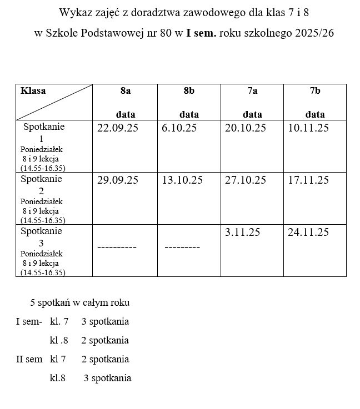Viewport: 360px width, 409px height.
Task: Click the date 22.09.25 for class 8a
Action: click(117, 128)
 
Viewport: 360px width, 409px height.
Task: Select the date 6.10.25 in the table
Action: click(179, 128)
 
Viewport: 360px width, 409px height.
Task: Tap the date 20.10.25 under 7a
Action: click(246, 128)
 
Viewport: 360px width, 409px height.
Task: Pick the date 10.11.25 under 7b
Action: click(308, 128)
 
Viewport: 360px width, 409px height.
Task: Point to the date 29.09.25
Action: click(117, 180)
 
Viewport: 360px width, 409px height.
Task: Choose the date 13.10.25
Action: click(182, 180)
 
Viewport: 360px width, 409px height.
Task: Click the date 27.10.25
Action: click(246, 180)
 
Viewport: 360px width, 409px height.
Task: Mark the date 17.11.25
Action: click(308, 180)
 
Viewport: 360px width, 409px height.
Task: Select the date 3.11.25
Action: click(242, 233)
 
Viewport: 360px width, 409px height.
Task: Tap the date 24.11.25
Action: click(308, 233)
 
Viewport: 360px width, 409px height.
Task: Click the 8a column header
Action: click(126, 91)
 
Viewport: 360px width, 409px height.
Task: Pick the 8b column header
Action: click(189, 91)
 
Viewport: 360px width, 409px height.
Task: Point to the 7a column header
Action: click(252, 91)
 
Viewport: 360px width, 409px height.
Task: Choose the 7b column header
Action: click(315, 91)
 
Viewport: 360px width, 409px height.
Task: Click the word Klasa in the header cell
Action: click(33, 91)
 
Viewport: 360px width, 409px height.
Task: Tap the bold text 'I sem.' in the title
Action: click(202, 33)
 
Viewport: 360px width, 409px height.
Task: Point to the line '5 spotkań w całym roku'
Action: click(80, 303)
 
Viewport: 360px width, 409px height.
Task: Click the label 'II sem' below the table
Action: click(29, 359)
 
